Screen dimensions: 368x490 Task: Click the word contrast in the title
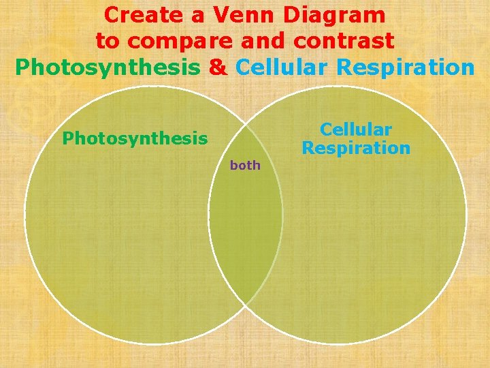point(344,41)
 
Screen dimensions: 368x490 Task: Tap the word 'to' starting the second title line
point(108,41)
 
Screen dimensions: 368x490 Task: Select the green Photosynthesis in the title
point(108,68)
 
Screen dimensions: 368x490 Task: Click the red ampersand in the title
point(218,68)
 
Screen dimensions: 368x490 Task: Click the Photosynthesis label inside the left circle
point(135,138)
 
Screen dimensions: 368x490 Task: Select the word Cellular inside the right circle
point(356,129)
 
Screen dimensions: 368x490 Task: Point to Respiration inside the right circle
point(356,148)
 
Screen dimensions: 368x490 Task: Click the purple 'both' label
point(245,166)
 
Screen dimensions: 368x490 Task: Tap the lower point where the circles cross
point(246,304)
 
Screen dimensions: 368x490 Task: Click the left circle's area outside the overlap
point(116,232)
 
